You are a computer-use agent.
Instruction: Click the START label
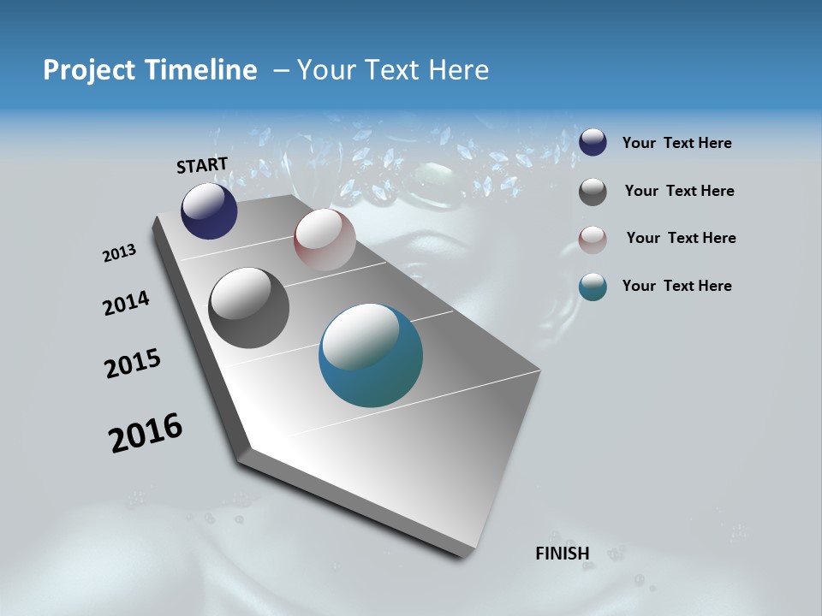(202, 165)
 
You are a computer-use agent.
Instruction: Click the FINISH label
(563, 554)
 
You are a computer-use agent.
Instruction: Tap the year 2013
(119, 253)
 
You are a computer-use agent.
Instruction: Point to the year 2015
(133, 364)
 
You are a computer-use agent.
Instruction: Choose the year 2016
(146, 433)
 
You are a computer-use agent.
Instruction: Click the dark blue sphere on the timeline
(209, 211)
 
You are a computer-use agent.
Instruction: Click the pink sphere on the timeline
(325, 240)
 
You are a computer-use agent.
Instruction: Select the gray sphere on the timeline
(248, 308)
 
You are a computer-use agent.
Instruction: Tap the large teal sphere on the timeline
(371, 355)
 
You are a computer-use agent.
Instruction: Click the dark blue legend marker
(593, 143)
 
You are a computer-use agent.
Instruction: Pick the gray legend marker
(593, 192)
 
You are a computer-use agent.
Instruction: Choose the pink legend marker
(593, 239)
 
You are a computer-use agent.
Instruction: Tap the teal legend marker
(593, 287)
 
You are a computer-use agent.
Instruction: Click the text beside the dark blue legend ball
(676, 143)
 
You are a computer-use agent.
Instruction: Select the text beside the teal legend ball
(676, 286)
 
